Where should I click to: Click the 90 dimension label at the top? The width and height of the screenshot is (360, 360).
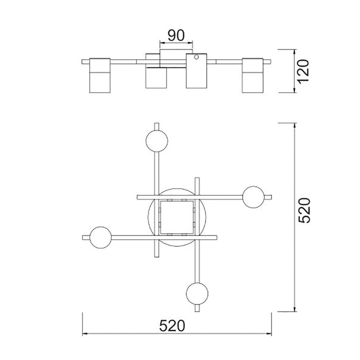(x=176, y=35)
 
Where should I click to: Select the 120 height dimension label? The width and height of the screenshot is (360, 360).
(x=303, y=71)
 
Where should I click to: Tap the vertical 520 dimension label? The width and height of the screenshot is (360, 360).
(x=304, y=210)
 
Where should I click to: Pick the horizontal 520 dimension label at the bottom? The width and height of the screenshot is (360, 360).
(x=172, y=326)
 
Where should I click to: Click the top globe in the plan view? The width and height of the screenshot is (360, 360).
(x=157, y=141)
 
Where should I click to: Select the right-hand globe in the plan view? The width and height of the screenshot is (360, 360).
(x=254, y=197)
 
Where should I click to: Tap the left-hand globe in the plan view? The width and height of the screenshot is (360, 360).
(x=101, y=238)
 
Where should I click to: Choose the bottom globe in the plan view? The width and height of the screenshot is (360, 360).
(x=197, y=294)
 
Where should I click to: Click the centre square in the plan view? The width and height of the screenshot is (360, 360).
(x=177, y=217)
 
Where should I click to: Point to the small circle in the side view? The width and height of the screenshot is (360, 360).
(x=196, y=57)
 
